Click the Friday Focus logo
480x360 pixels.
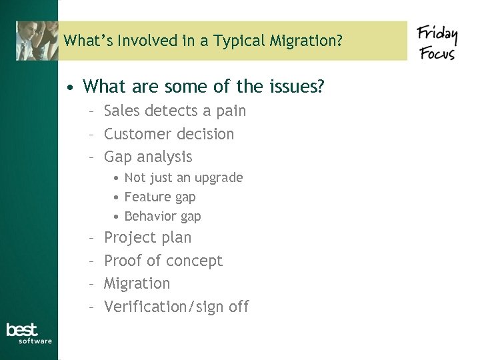click(437, 41)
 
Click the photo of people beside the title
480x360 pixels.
click(37, 41)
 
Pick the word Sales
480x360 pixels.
click(122, 111)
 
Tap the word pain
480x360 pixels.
click(231, 111)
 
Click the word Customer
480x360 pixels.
click(134, 134)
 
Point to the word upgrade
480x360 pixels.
click(218, 178)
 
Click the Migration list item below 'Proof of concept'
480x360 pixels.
click(137, 284)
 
